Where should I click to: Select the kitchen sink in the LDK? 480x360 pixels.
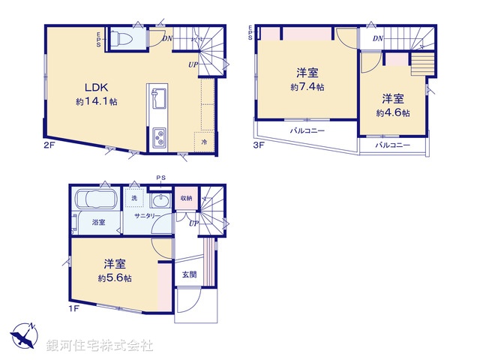tap(159, 97)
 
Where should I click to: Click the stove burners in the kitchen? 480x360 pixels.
tap(160, 137)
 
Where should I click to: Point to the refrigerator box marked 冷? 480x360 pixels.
tap(204, 140)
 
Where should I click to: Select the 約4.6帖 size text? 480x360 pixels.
tap(392, 112)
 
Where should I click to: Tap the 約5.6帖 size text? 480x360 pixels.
tap(115, 278)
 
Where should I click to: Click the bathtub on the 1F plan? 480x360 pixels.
tap(94, 200)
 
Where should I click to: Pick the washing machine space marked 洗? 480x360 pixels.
tap(134, 199)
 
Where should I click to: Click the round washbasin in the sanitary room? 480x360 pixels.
tap(159, 200)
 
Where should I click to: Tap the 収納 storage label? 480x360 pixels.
tap(185, 198)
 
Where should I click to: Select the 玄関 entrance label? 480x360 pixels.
tap(189, 274)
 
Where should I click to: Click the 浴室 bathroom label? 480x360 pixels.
tap(98, 222)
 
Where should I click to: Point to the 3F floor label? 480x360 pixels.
tap(257, 145)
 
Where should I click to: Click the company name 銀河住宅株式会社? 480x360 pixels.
tap(100, 346)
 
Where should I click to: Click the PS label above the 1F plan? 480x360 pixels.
tap(160, 178)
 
